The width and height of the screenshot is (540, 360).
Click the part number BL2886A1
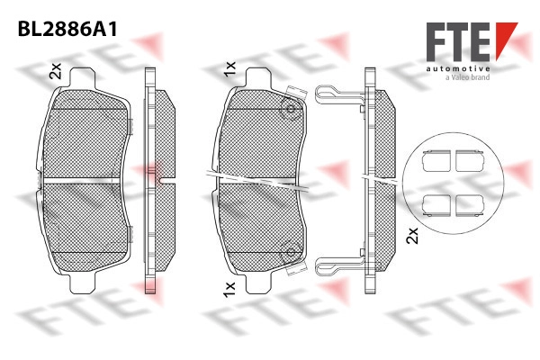(x=67, y=29)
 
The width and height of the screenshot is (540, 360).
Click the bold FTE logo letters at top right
(x=458, y=42)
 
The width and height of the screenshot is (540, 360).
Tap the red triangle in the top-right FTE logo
(x=505, y=40)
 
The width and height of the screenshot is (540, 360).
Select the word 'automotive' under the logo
(x=458, y=69)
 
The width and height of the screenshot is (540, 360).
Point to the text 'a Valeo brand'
(x=468, y=77)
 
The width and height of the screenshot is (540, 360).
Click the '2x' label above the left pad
(x=56, y=71)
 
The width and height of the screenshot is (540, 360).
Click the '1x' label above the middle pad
(x=229, y=69)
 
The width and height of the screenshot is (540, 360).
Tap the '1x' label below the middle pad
(x=229, y=290)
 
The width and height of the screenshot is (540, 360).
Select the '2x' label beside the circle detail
(x=412, y=236)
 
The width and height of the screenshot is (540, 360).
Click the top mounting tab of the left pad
(x=82, y=78)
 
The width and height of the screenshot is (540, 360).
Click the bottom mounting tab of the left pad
(x=82, y=283)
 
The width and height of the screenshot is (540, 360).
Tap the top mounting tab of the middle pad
(x=258, y=78)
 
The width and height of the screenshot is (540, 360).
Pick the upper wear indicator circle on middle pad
(x=291, y=109)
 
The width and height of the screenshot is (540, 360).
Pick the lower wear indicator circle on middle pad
(x=291, y=252)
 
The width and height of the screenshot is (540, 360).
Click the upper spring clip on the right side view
(x=339, y=94)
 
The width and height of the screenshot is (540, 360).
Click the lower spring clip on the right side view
(x=339, y=266)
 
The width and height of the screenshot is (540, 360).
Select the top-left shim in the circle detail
(x=436, y=161)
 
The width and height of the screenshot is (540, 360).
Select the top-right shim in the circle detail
(x=470, y=161)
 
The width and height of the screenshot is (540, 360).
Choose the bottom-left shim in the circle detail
(x=436, y=205)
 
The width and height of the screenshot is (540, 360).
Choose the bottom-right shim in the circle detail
(x=470, y=205)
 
